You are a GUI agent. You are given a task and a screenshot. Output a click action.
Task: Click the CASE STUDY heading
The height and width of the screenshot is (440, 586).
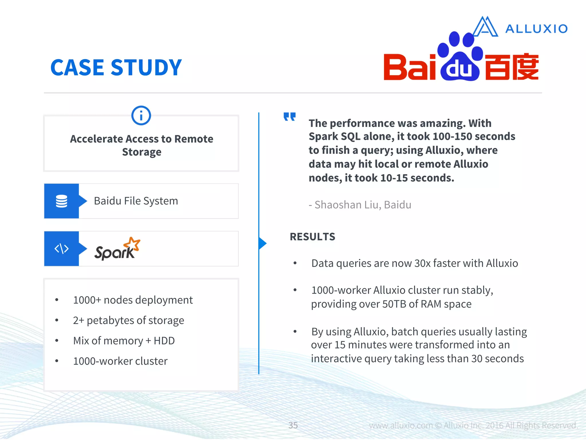pos(116,68)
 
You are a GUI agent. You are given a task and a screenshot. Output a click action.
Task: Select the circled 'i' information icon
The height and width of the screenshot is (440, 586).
pos(141,116)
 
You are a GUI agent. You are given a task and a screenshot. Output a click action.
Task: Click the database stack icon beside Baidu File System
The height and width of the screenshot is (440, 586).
pos(62,201)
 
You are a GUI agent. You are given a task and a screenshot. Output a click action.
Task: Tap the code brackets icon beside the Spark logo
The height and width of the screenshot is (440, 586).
pos(62,249)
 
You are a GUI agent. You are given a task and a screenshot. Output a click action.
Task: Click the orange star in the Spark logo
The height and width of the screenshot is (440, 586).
pos(132,244)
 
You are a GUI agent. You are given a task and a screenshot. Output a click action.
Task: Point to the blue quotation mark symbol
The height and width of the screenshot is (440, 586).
pos(290,117)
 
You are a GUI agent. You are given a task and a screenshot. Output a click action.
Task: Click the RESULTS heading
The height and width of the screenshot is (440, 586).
pos(312,237)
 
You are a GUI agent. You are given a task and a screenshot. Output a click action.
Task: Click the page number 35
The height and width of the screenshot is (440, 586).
pos(293,425)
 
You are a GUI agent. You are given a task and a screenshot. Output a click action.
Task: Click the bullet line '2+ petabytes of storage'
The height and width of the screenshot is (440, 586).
pos(128,320)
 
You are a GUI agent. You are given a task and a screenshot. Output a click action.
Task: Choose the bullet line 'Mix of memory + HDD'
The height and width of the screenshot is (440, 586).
pos(124,341)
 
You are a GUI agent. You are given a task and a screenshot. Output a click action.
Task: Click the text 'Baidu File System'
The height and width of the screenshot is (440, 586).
pos(136,201)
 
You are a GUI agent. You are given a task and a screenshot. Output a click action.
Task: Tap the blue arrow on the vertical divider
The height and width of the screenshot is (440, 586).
pos(262,243)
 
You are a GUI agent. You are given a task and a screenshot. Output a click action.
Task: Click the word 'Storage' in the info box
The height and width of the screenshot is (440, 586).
pos(142,152)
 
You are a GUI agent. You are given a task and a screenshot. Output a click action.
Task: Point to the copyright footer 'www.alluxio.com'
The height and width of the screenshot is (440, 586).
pos(401,425)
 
